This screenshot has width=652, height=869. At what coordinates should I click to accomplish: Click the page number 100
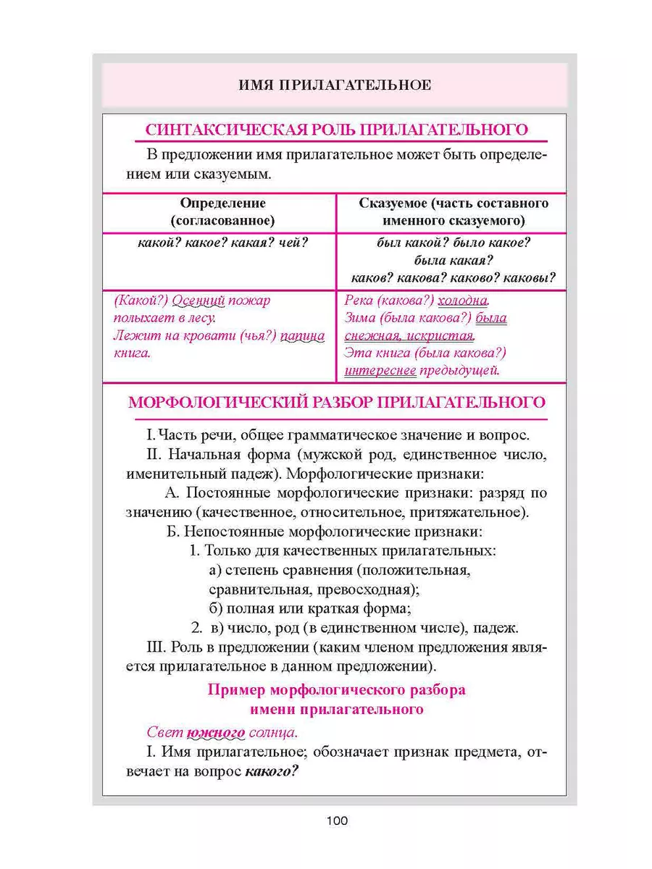point(337,821)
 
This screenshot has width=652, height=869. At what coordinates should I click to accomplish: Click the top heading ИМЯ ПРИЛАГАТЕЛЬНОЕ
point(335,85)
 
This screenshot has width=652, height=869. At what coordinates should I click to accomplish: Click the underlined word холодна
point(464,301)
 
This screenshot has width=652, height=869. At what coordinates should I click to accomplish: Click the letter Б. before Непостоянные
point(172,532)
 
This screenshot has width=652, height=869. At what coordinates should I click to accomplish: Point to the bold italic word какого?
point(272,771)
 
